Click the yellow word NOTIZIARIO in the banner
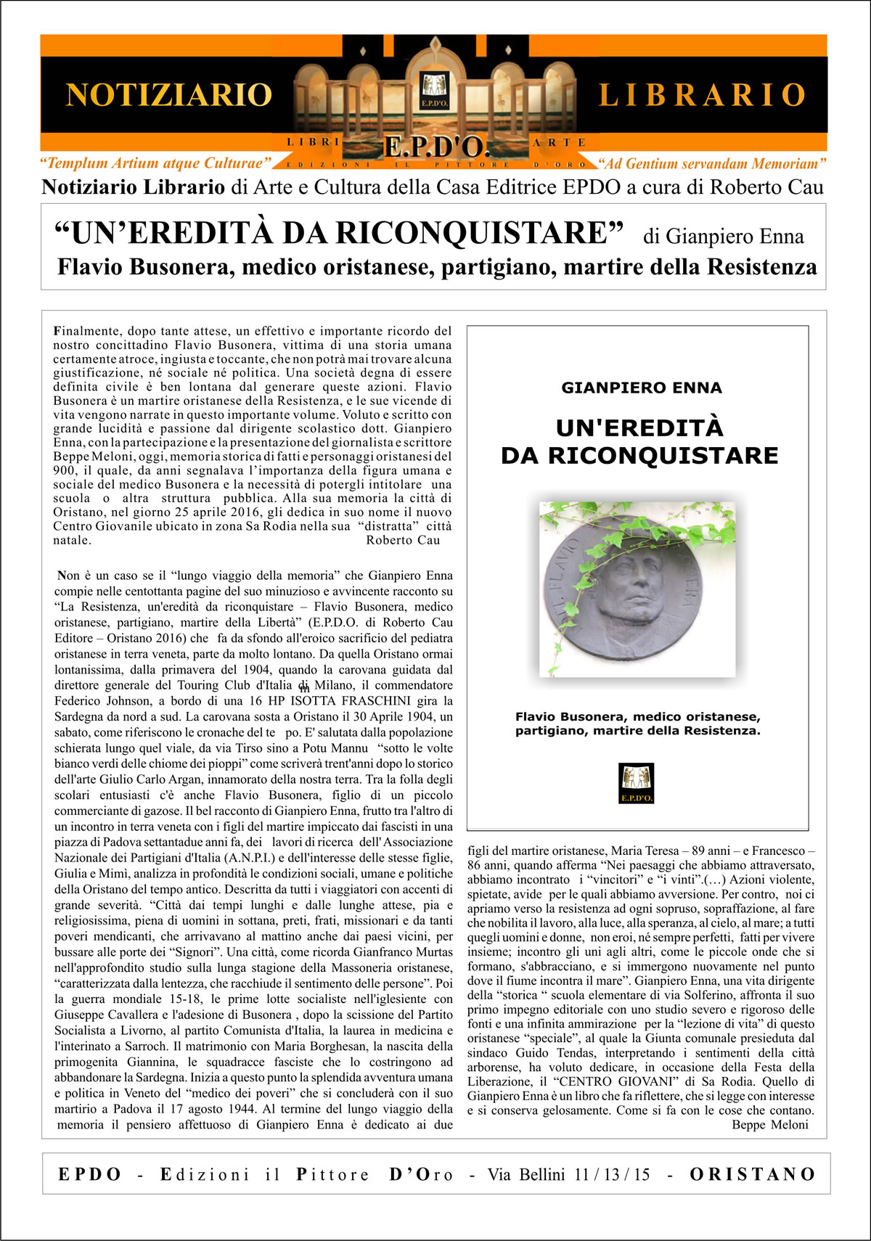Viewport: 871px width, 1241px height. point(168,95)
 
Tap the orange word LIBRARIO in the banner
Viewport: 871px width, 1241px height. point(702,95)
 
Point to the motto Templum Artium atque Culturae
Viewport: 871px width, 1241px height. point(155,163)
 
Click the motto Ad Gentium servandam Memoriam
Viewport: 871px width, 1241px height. point(712,164)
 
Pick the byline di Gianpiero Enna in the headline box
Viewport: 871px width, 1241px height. point(723,237)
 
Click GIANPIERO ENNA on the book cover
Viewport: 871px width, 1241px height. point(642,388)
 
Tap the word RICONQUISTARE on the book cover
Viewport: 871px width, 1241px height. point(663,456)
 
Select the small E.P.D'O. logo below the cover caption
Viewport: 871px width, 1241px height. point(637,783)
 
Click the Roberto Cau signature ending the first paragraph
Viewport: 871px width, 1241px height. point(403,540)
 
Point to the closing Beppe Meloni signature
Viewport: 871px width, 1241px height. point(769,1125)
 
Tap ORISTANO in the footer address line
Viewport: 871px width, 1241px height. point(753,1174)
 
